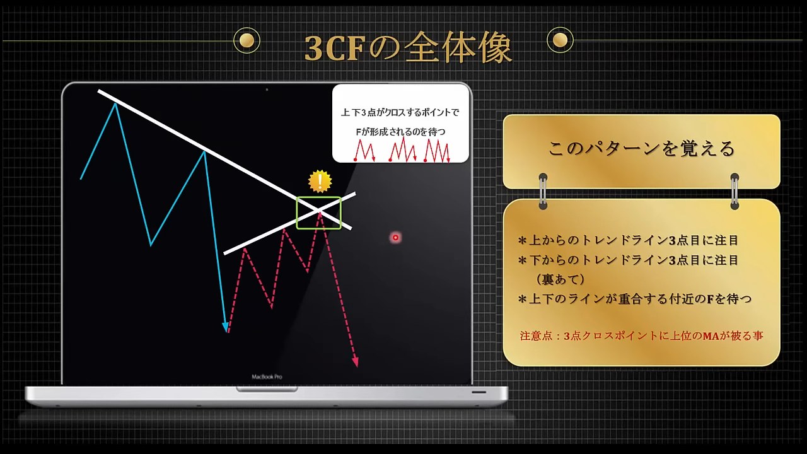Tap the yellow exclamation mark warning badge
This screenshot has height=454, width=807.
tap(320, 181)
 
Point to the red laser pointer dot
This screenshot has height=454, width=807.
tap(395, 238)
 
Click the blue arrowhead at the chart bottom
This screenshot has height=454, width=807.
tap(226, 327)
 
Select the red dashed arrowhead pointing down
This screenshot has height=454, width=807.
tap(356, 362)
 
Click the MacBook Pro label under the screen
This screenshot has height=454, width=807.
tap(267, 377)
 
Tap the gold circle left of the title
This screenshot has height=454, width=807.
tap(247, 40)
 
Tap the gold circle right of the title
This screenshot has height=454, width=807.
tap(560, 40)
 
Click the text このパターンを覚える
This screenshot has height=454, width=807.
tap(641, 148)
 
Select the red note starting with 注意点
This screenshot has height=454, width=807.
tap(641, 336)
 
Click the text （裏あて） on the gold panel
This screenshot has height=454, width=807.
tap(560, 279)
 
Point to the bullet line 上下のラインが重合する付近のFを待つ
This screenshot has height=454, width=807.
tap(634, 299)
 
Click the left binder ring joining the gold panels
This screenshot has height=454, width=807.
tap(543, 191)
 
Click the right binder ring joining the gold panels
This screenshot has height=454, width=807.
tap(734, 191)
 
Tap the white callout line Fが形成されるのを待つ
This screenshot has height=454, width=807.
tap(400, 132)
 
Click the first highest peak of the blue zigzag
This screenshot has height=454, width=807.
tap(115, 104)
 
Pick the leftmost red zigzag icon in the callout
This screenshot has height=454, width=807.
tap(364, 151)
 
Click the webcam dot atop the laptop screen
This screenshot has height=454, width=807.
tap(267, 90)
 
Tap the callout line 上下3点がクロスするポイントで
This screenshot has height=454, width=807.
tap(400, 113)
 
